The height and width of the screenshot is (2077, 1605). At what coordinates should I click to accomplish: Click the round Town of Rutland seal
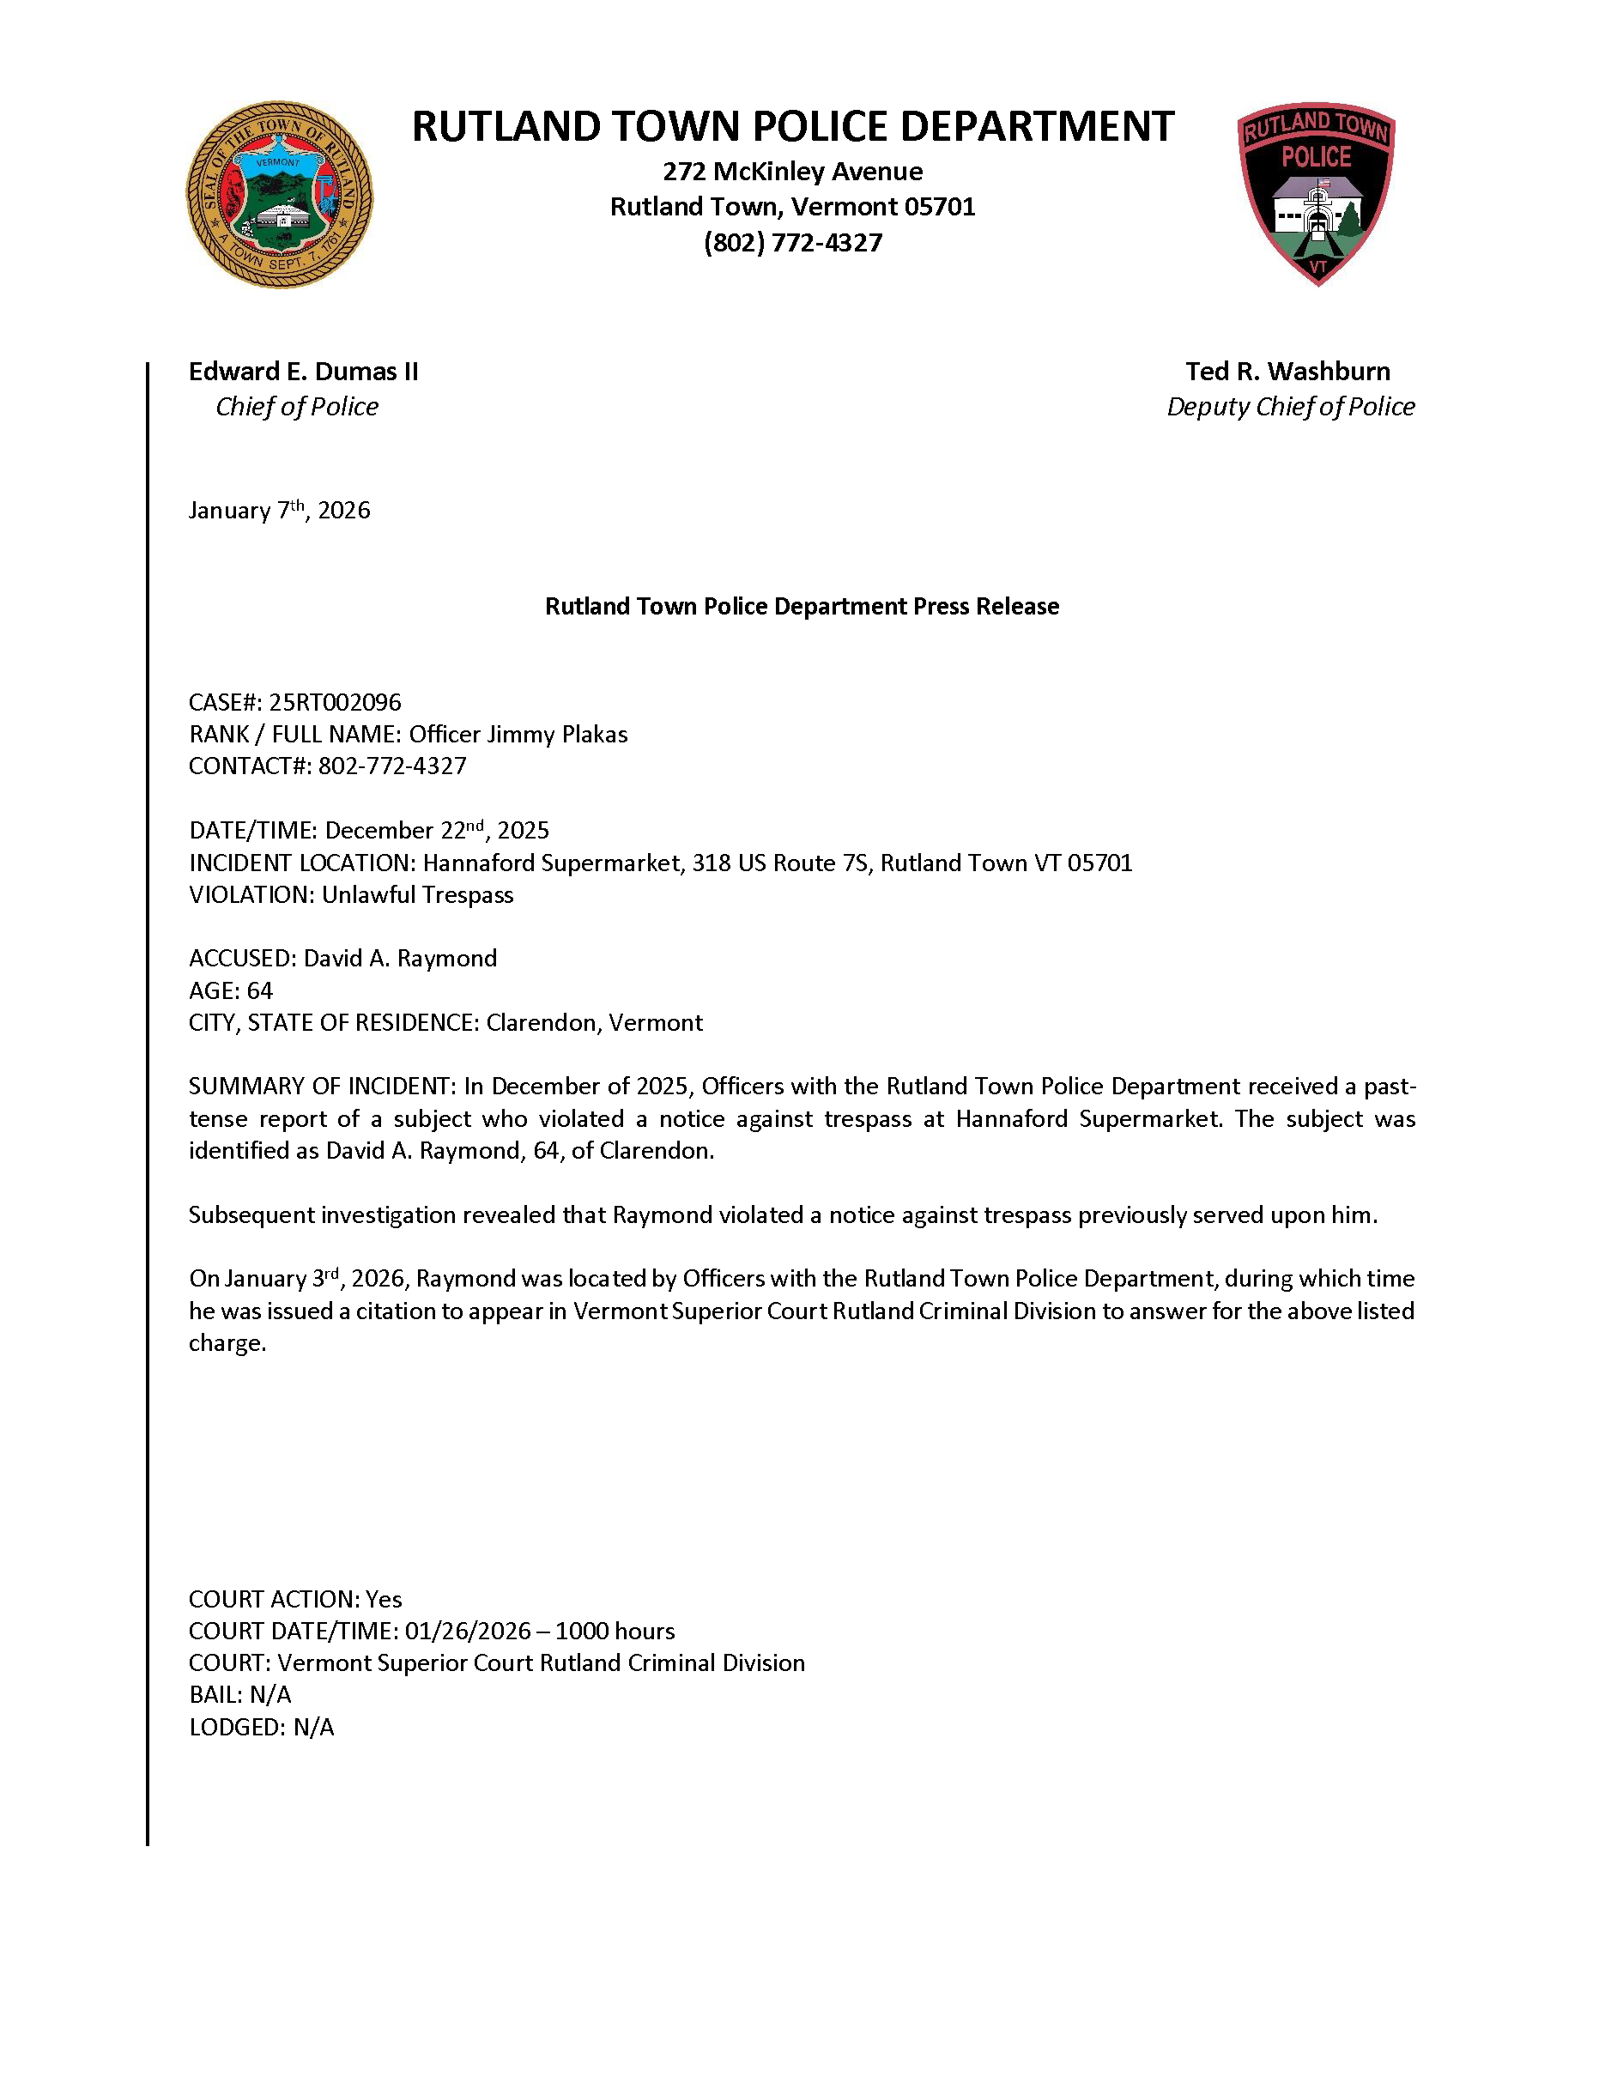pos(279,195)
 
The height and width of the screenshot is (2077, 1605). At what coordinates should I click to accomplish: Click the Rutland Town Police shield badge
pos(1316,193)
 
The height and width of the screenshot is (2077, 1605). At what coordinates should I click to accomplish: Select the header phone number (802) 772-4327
pos(792,243)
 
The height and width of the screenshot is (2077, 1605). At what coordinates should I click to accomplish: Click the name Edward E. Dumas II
pos(303,371)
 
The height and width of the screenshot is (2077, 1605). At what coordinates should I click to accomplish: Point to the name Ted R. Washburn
pos(1287,371)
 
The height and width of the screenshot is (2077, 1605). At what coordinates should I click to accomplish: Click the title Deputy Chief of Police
pos(1290,407)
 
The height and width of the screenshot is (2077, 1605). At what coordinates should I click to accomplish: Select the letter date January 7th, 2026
pos(279,511)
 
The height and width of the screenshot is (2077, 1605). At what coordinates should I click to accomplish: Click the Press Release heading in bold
pos(802,607)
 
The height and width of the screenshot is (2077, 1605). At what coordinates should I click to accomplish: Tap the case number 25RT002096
pos(335,703)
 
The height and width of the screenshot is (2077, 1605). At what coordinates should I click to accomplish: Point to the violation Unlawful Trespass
pos(417,895)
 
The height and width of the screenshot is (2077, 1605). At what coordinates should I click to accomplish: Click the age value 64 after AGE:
pos(259,991)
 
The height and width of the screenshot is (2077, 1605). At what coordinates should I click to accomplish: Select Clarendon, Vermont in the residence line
pos(594,1023)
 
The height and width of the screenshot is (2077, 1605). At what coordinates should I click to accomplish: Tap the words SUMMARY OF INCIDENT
pos(320,1087)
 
